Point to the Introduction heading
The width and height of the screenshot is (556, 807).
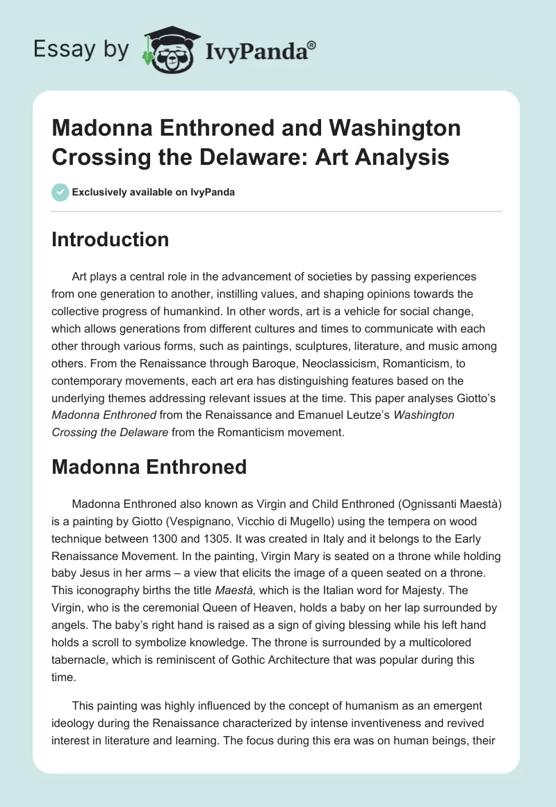[x=111, y=239]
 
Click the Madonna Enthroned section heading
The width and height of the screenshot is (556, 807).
[x=149, y=466]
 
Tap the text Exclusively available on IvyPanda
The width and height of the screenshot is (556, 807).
[x=154, y=192]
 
